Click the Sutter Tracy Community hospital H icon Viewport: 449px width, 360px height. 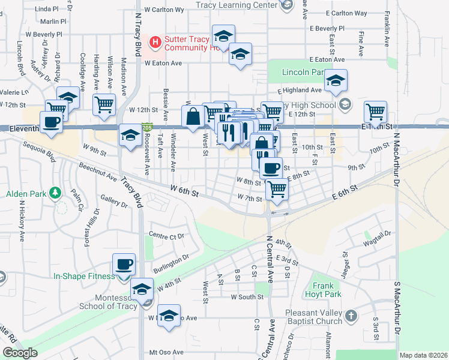coord(155,42)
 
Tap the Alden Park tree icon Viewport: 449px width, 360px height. coord(55,193)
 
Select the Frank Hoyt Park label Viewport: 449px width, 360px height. coord(327,290)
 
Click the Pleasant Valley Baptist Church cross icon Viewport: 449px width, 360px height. coord(351,315)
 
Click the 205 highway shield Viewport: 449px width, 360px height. coord(147,128)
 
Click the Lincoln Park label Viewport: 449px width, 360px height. coord(303,72)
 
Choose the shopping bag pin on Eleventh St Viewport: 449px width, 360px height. coord(193,116)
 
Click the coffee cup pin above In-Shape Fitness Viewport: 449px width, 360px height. coord(124,263)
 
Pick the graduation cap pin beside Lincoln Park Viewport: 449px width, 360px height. coord(336,80)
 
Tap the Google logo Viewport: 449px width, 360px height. coord(20,352)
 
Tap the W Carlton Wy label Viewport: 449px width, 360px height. coord(163,10)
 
